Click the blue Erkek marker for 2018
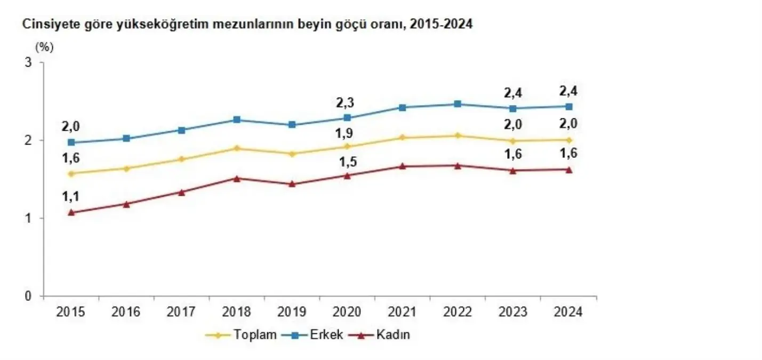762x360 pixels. coord(237,119)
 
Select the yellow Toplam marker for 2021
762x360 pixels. coord(403,138)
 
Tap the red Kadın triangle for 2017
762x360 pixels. coord(181,192)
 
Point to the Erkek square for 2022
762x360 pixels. coord(458,104)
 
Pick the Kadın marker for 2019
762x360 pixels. coord(292,184)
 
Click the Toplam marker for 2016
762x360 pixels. coord(126,169)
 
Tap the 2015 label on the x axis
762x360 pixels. coord(71,312)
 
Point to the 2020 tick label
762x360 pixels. coord(347,312)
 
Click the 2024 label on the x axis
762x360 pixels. coord(568,312)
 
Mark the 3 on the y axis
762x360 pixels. coord(28,63)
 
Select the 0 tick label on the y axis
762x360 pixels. coord(28,296)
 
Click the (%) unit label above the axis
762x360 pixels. coord(44,47)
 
